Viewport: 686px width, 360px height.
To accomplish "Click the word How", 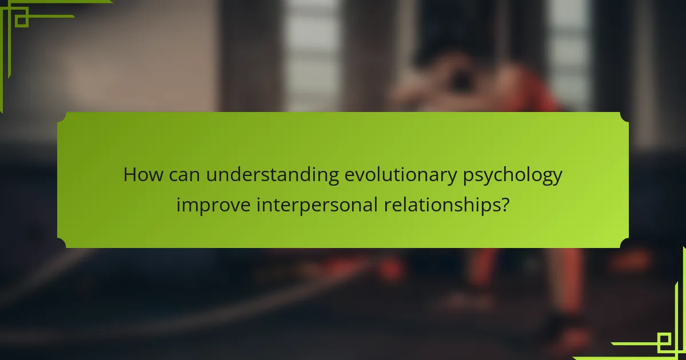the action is pos(143,175).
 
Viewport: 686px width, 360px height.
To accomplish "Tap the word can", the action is pos(184,176).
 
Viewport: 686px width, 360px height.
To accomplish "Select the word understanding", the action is pos(273,176).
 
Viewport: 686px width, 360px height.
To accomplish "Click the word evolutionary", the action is pos(401,176).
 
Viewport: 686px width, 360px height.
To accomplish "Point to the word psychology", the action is pos(513,176).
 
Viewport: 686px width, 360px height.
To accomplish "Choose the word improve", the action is pos(213,205).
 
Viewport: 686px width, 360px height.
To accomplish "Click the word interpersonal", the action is pos(317,205).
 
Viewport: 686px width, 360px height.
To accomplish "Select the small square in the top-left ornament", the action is pos(22,21).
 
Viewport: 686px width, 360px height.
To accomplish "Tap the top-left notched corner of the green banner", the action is pos(62,117).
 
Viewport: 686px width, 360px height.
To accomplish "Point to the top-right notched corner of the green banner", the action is pos(624,117).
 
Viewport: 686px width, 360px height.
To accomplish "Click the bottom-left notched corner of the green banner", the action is pos(62,243).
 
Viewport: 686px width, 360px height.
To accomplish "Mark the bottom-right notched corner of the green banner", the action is pos(624,243).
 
